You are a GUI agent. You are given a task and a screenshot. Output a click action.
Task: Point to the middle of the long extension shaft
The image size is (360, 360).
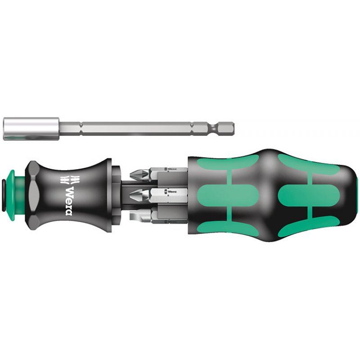point(135,124)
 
